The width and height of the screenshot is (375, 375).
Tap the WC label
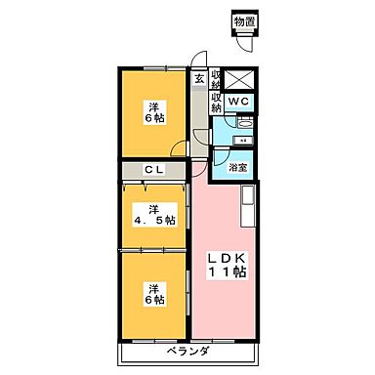(239, 101)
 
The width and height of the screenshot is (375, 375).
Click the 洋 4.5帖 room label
(154, 213)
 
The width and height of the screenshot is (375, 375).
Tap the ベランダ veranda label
(188, 351)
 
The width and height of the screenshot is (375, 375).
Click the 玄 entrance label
(198, 78)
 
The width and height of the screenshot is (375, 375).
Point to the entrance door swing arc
(199, 58)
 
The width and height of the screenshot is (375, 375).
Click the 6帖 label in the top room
(154, 116)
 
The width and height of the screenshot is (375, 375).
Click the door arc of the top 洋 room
(179, 148)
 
